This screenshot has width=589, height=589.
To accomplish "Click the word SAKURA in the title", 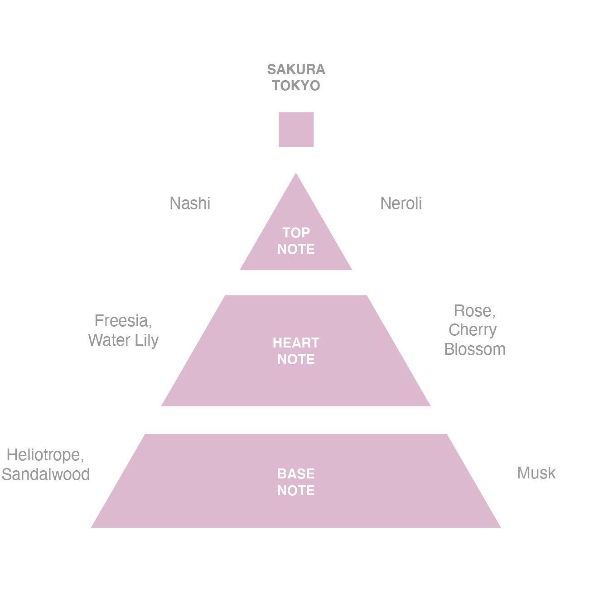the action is (296, 69).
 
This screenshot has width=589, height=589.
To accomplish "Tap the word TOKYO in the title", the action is (296, 85).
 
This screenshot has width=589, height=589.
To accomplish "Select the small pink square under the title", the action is (296, 130).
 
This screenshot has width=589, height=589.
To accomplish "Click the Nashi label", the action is (190, 203).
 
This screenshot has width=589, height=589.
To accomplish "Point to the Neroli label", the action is (401, 203).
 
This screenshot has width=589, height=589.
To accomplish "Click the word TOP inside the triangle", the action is (296, 232).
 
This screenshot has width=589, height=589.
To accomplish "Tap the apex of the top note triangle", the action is (295, 174).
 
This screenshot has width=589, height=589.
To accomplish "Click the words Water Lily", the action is (123, 340).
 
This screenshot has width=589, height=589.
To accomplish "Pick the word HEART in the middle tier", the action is (296, 343).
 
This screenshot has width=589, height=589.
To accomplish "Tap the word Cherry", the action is (472, 330).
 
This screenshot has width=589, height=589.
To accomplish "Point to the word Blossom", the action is (475, 349).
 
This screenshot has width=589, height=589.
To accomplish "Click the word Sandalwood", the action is (46, 474).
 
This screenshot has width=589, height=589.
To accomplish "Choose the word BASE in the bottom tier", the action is (296, 474).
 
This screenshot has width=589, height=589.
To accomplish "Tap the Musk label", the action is (536, 473).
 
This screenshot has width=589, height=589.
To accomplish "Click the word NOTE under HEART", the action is (296, 359).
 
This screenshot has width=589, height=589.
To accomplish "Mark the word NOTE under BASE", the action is (296, 490).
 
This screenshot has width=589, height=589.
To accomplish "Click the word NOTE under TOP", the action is (296, 249).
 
